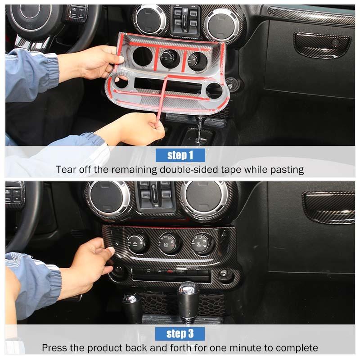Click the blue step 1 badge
(180, 155)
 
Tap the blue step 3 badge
(180, 333)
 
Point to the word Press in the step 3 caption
(54, 348)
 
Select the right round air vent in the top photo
(221, 25)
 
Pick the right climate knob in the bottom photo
(201, 243)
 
